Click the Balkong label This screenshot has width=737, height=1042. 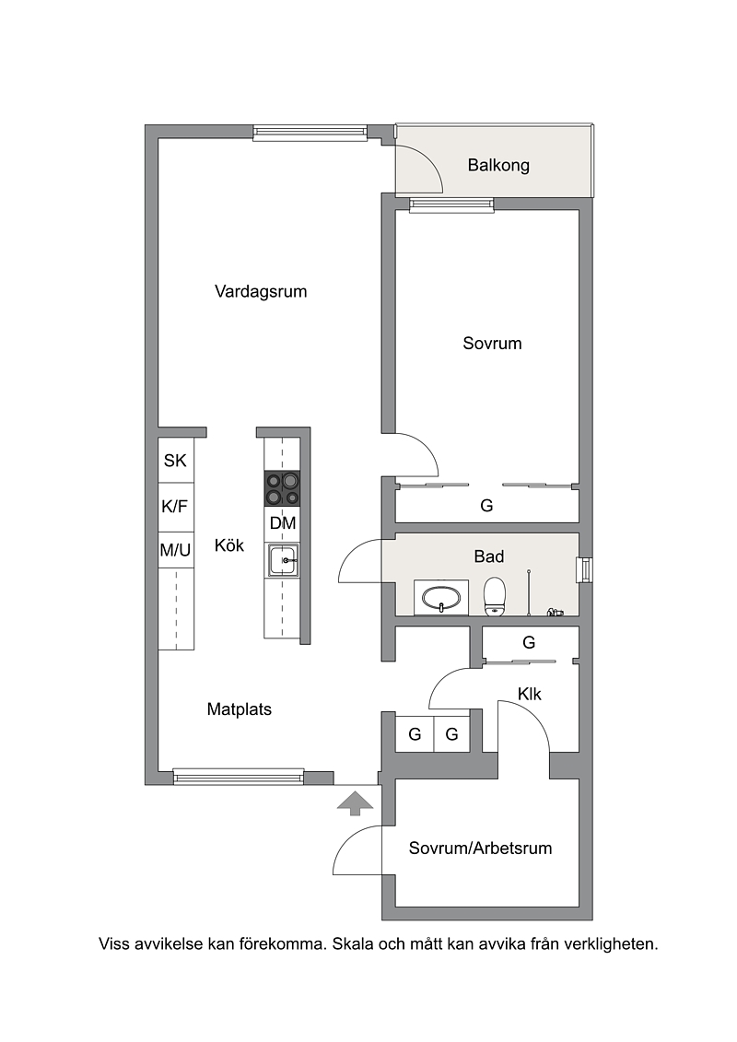(498, 165)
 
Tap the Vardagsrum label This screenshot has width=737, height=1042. (261, 291)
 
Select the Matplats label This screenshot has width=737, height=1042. (240, 709)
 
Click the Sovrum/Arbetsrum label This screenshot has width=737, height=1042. (480, 848)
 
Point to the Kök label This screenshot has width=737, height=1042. (229, 544)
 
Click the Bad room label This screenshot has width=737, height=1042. (488, 556)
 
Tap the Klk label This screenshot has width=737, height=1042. (530, 694)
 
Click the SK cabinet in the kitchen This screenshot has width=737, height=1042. (175, 460)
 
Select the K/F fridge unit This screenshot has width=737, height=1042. (175, 507)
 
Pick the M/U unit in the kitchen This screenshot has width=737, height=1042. (175, 550)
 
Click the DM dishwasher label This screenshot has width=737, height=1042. (283, 523)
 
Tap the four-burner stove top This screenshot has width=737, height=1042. (282, 488)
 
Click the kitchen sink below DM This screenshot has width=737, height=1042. (283, 560)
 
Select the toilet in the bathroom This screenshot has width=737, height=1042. (495, 596)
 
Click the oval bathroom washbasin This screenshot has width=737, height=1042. (440, 597)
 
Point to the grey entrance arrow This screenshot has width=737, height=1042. (355, 802)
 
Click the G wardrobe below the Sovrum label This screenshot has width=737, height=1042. (486, 506)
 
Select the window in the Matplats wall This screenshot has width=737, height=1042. (239, 776)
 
